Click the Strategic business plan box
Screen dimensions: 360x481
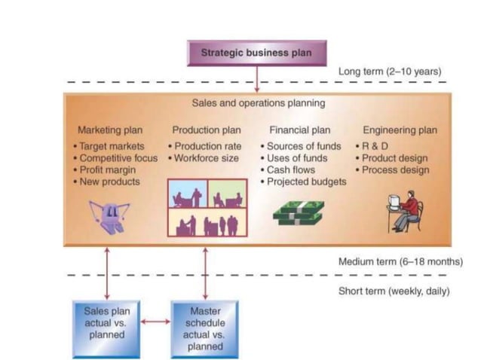(256, 53)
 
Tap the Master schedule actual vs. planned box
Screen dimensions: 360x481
(204, 328)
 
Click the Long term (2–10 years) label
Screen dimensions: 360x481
(390, 72)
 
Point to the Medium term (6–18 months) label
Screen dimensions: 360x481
(400, 261)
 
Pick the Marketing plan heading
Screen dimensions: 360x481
(110, 130)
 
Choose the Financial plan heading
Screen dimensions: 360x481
(299, 130)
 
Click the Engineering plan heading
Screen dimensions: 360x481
(400, 130)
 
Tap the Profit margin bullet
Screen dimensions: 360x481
(109, 170)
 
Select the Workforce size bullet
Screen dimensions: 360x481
(205, 158)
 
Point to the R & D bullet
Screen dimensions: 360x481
(372, 146)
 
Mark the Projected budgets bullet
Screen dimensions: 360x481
(306, 182)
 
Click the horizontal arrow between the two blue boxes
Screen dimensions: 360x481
(155, 322)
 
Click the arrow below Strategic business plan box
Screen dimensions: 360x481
(257, 79)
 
